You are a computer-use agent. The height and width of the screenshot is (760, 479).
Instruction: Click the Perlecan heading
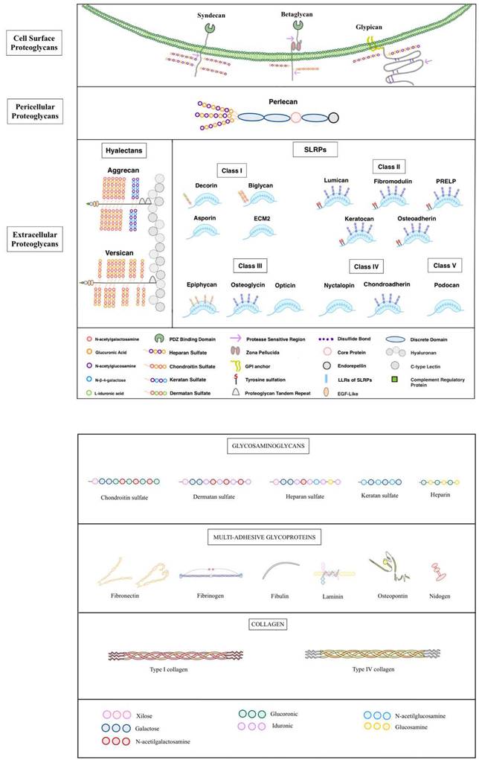[x=266, y=99]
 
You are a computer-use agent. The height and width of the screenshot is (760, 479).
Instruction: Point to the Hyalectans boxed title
[x=124, y=150]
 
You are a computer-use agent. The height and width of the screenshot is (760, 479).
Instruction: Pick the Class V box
[x=446, y=266]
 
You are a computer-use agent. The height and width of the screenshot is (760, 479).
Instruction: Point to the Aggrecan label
[x=124, y=170]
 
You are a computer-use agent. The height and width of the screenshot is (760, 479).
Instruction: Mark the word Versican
[x=124, y=252]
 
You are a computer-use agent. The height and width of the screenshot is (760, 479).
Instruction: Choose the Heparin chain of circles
[x=435, y=482]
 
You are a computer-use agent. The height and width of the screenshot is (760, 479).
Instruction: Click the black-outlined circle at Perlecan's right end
[x=333, y=117]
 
